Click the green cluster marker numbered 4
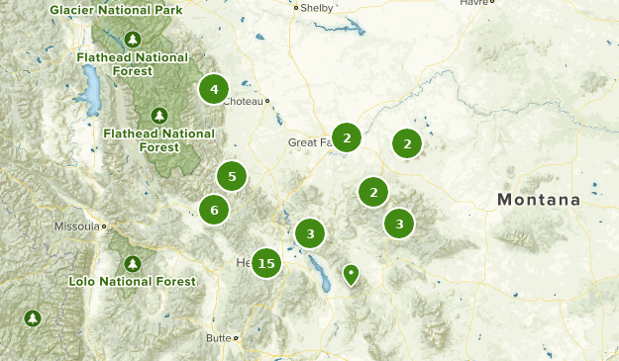coord(213,89)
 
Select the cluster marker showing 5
coord(232,177)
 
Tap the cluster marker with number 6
coord(214,210)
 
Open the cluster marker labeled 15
coord(265,263)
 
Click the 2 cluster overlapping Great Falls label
coord(347,138)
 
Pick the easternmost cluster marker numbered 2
coord(407,143)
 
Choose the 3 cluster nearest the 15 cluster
coord(310,233)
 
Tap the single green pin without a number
coord(351,273)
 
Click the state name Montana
coord(539,200)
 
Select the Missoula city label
coord(77,226)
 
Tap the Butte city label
coord(217,337)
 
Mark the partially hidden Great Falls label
coord(309,142)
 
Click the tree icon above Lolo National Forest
coord(133,264)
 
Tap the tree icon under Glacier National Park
coord(133,40)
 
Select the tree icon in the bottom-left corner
coord(33,318)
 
